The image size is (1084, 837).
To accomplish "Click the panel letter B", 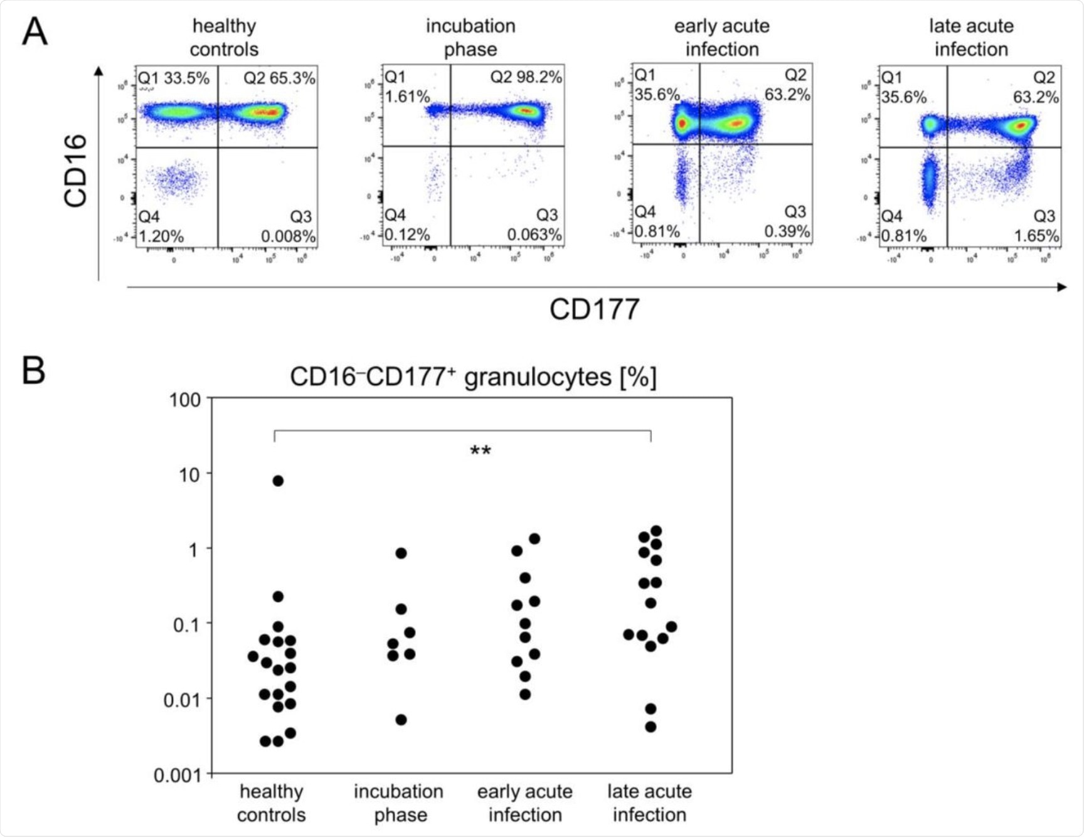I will coord(33,370).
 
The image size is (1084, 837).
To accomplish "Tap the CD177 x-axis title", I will coord(594,309).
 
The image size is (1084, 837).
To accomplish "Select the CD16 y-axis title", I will coord(76,171).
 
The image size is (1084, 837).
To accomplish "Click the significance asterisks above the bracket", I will coord(481,451).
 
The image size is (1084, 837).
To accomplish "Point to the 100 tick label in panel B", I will coord(185,400).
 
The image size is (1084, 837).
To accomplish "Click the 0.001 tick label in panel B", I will coord(178,776).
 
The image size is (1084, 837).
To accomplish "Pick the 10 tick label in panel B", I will coord(189,475).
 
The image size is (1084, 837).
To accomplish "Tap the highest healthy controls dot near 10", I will coord(278,481).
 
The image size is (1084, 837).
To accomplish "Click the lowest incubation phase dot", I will coord(401,720).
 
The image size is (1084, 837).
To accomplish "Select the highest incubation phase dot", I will coord(401,553).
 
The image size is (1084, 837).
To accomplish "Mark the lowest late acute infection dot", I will coord(651,727).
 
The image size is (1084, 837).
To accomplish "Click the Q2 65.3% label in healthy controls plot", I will coord(279,78).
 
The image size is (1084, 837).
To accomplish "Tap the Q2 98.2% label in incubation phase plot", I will coord(526,77).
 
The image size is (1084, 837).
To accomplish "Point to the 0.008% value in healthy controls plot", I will coord(288,237).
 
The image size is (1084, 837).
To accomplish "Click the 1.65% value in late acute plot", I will coord(1036,236).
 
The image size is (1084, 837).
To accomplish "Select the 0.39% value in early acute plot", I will coord(787,232).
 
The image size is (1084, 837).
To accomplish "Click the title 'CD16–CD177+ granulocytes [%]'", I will coord(473,377).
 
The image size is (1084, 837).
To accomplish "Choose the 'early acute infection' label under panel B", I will coord(525,803).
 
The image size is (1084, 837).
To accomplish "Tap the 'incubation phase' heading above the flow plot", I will coord(470,37).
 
